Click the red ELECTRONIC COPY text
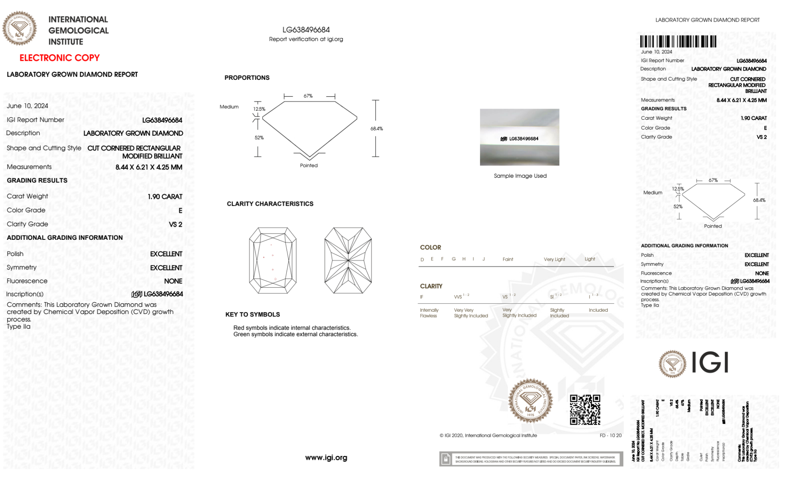60,58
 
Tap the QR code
585,410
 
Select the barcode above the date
678,41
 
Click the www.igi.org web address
326,457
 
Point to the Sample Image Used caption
520,176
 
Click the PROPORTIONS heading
247,78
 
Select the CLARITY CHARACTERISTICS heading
270,204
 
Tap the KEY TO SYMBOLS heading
253,314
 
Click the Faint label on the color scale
508,259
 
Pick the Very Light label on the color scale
554,259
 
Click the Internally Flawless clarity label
429,313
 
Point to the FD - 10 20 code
610,435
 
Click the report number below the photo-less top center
306,30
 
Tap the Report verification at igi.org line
306,39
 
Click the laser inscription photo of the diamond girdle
520,137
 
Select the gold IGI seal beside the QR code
530,401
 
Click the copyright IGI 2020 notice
488,435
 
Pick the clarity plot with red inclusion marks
272,260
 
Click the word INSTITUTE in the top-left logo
66,42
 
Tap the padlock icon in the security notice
446,459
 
